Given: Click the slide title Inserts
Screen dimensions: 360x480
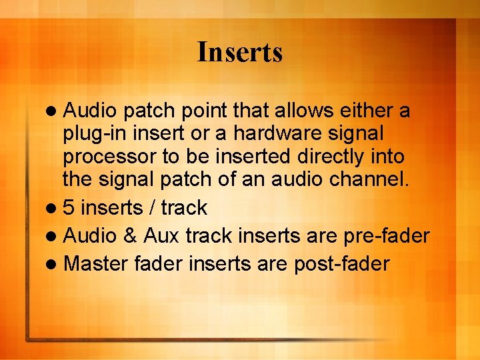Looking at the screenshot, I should click(239, 52).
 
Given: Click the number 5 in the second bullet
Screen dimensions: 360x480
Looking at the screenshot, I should click(69, 208).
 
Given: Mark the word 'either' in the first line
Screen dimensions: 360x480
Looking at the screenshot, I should click(363, 111).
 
